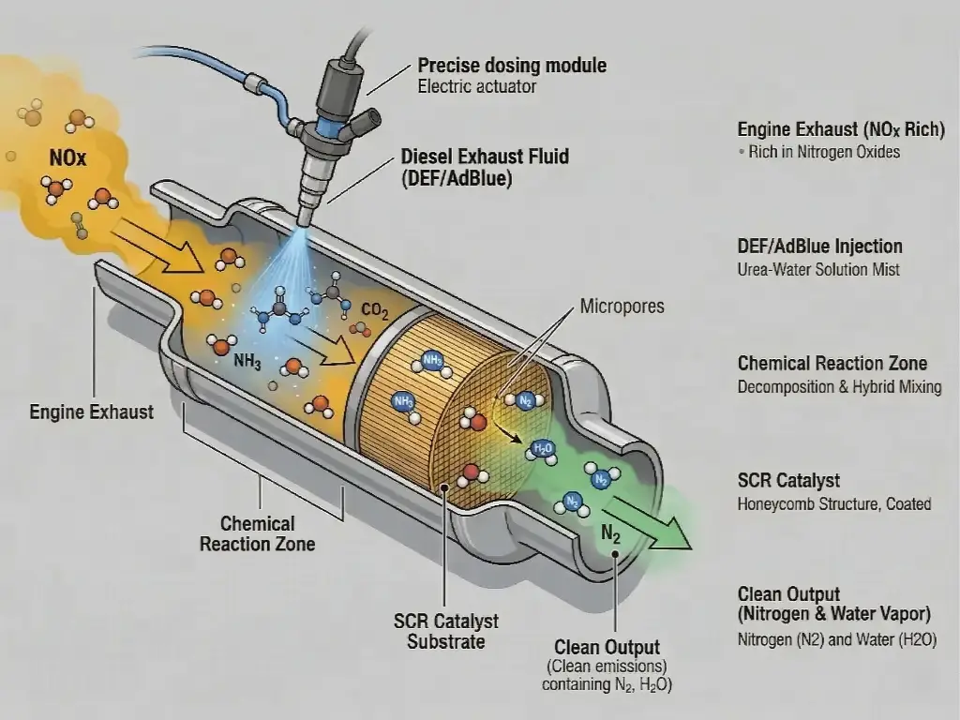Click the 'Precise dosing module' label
coord(512,66)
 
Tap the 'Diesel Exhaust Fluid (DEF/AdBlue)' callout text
coord(484,167)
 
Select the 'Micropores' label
coord(622,307)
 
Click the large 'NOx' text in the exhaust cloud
coord(67,158)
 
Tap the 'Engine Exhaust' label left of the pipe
coord(91,412)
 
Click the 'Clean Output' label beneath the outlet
coord(607,647)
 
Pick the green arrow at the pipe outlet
coord(656,526)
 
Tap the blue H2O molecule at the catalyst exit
coord(543,449)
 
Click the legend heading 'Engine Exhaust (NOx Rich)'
coord(841,130)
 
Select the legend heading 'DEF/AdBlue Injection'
coord(820,247)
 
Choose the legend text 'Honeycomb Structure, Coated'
coord(834,504)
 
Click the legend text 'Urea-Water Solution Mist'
coord(818,270)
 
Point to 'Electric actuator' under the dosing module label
coord(478,87)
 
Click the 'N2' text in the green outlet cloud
coord(610,537)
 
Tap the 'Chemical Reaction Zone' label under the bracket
coord(257,533)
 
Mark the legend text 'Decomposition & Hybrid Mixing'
coord(839,386)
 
